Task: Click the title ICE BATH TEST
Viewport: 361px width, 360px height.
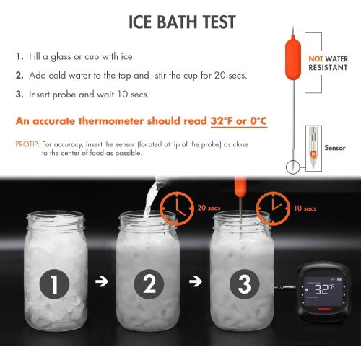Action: (182, 22)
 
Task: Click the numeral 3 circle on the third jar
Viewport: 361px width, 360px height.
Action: (241, 284)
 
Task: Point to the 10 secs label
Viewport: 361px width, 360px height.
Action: (304, 208)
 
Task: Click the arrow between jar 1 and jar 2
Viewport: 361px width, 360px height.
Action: (102, 282)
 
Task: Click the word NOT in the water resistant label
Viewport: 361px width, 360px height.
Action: (315, 57)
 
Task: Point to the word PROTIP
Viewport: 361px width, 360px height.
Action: (27, 144)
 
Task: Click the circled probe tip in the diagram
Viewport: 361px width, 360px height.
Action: (292, 167)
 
